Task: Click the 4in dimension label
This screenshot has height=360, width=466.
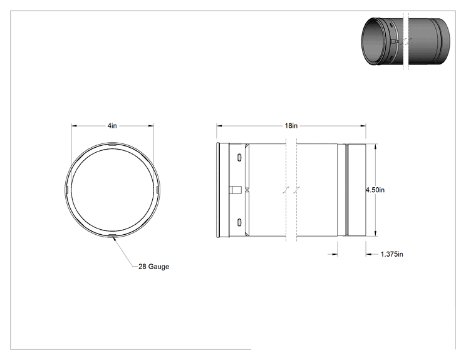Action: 112,126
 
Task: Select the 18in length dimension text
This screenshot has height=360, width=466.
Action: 291,126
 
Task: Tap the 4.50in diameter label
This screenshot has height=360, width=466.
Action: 375,190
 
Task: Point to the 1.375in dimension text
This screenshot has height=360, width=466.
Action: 391,254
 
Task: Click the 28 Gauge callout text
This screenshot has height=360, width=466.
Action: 153,267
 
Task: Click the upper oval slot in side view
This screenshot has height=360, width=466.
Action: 239,157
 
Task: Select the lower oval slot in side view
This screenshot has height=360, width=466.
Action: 239,222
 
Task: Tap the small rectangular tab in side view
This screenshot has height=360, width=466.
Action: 236,190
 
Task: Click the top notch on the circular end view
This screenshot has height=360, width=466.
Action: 112,145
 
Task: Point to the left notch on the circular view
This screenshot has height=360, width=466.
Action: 67,190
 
